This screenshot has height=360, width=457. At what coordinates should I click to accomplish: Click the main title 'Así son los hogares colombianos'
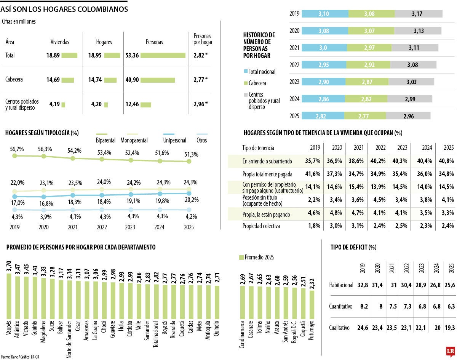(x=64, y=9)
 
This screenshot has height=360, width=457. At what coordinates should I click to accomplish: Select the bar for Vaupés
(x=9, y=295)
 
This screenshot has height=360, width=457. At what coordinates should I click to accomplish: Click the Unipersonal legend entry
(x=175, y=140)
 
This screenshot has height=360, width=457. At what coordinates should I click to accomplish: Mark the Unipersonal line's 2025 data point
(x=189, y=193)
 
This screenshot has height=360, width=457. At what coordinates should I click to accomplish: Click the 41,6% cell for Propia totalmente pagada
(x=313, y=174)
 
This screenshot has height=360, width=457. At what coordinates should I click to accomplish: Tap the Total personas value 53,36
(x=131, y=56)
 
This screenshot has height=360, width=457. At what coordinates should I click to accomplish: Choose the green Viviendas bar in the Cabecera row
(x=67, y=80)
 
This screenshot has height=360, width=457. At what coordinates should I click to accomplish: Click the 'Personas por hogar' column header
(x=203, y=39)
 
